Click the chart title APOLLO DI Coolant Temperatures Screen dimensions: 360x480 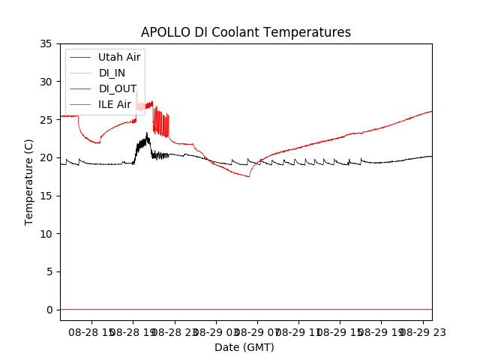click(x=246, y=32)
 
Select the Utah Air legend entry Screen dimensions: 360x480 click(x=119, y=57)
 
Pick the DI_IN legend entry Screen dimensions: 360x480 click(x=112, y=73)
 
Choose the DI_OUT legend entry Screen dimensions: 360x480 click(x=118, y=88)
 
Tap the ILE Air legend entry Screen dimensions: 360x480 click(x=115, y=104)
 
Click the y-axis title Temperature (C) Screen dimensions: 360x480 click(x=29, y=182)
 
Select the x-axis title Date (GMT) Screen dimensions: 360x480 click(x=244, y=347)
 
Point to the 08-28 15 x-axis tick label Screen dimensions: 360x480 click(x=88, y=331)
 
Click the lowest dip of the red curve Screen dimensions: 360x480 click(x=249, y=175)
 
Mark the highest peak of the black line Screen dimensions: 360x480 click(x=148, y=133)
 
